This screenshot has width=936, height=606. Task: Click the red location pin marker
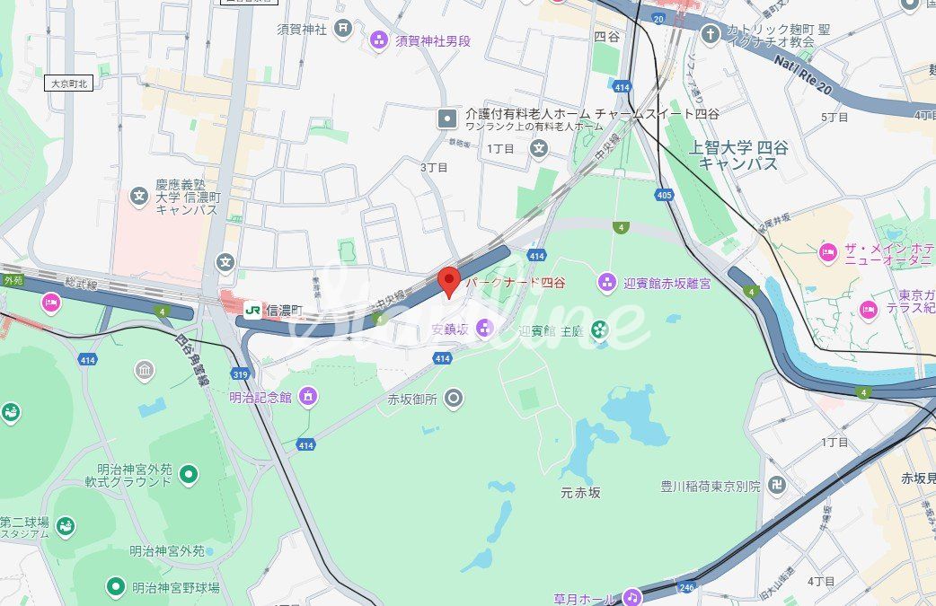pyautogui.click(x=449, y=280)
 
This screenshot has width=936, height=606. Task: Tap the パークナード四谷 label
pyautogui.click(x=516, y=283)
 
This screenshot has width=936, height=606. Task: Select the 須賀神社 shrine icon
pyautogui.click(x=342, y=29)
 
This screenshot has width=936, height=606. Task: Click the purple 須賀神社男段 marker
pyautogui.click(x=379, y=40)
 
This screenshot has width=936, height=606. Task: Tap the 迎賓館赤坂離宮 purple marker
pyautogui.click(x=607, y=284)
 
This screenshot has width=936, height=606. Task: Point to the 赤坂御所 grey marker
pyautogui.click(x=455, y=398)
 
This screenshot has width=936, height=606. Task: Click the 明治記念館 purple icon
pyautogui.click(x=309, y=397)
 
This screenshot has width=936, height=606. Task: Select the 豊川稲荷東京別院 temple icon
pyautogui.click(x=776, y=486)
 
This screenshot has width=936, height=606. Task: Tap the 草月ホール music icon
pyautogui.click(x=632, y=597)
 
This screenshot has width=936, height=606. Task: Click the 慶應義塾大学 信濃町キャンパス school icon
pyautogui.click(x=138, y=196)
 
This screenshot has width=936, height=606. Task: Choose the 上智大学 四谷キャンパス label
pyautogui.click(x=737, y=155)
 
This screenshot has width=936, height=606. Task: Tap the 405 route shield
pyautogui.click(x=664, y=195)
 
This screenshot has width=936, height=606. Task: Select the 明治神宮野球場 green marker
pyautogui.click(x=115, y=587)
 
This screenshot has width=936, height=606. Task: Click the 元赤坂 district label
pyautogui.click(x=580, y=492)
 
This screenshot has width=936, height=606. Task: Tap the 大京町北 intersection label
pyautogui.click(x=69, y=83)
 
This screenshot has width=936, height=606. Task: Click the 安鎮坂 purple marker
pyautogui.click(x=485, y=327)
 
